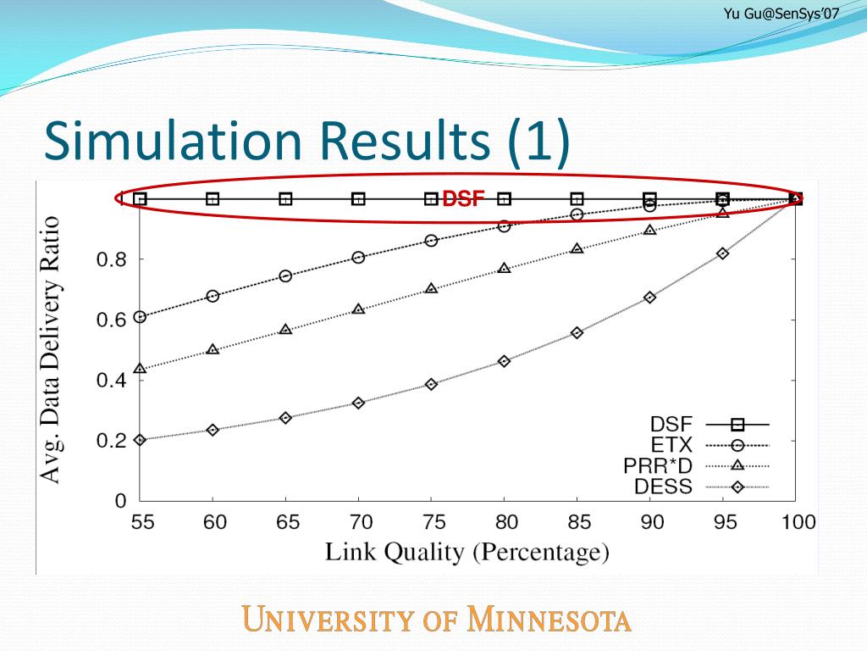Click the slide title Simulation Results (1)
(306, 141)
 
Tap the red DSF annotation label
(463, 200)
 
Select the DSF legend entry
(671, 424)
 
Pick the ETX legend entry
(671, 444)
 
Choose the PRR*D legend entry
(657, 465)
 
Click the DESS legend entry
(663, 487)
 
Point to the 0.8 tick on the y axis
(111, 260)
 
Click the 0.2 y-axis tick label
(111, 441)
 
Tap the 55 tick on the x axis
(141, 521)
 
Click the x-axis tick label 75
(431, 521)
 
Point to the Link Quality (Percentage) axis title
(467, 553)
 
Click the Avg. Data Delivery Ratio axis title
(52, 349)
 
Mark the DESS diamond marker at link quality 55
(141, 440)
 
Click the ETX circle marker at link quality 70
(358, 258)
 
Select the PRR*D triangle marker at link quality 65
(286, 329)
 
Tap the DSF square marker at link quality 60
(213, 199)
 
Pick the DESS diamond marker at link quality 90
(650, 298)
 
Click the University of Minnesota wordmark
(437, 620)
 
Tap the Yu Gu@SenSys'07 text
(781, 13)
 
